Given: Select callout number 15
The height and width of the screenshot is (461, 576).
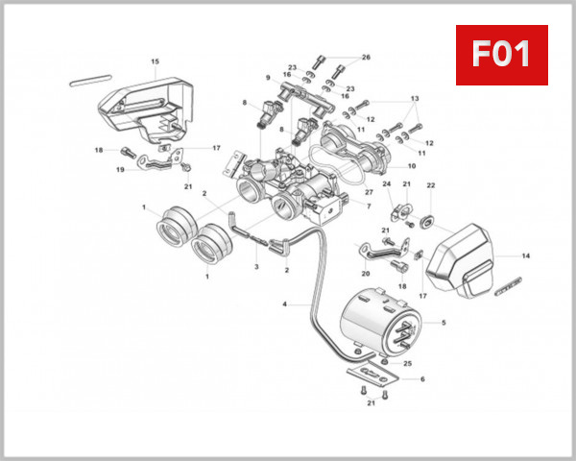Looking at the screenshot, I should click(155, 62).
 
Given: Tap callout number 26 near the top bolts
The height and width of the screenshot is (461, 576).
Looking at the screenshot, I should click(365, 58).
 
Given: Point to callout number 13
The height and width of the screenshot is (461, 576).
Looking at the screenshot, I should click(415, 99).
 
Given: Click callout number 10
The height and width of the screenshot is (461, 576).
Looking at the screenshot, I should click(412, 166).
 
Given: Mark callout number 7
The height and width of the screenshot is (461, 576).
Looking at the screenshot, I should click(368, 206).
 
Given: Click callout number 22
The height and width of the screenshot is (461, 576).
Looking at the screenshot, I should click(431, 184).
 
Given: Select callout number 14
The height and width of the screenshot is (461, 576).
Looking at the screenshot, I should click(525, 256).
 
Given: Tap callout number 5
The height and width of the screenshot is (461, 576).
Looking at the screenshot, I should click(443, 323).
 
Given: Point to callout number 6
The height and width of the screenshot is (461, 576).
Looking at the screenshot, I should click(422, 379).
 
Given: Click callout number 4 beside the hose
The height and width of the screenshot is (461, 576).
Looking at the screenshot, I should click(284, 304).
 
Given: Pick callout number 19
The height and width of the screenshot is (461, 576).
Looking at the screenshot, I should click(121, 170).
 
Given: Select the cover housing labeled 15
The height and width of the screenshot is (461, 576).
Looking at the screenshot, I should click(144, 101).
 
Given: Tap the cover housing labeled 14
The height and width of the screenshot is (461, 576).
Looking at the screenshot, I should click(470, 259).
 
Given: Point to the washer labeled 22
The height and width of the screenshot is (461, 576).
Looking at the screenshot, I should click(428, 224).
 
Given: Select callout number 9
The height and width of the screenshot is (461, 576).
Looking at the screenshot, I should click(269, 77).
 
